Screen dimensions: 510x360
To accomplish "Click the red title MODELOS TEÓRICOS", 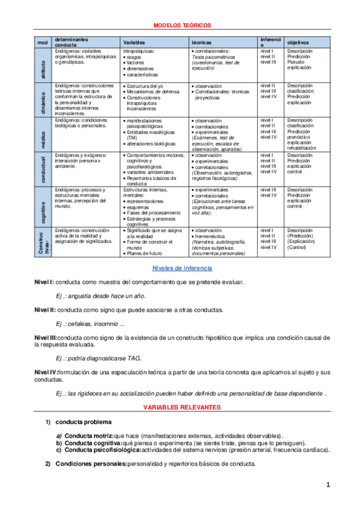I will coord(179,26).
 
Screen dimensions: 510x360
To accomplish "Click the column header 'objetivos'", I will coord(298,43).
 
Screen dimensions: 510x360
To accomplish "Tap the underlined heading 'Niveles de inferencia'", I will coord(179,268).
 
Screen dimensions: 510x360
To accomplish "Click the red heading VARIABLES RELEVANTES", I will coord(179,408).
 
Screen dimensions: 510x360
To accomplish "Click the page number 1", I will coord(328,485).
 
